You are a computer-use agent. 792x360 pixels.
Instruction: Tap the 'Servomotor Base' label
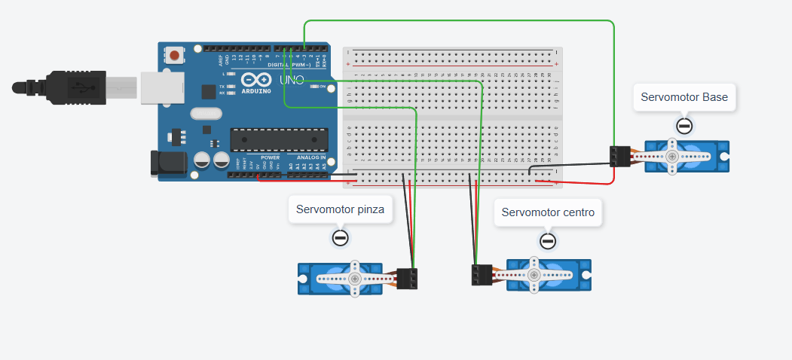click(684, 97)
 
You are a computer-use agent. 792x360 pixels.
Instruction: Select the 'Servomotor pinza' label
click(340, 210)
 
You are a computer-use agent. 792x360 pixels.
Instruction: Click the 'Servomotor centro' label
click(548, 212)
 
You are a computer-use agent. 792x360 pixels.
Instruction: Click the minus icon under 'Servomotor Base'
click(684, 126)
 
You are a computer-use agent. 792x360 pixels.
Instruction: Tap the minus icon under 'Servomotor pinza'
click(340, 239)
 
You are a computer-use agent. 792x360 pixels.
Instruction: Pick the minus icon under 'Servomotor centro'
click(548, 241)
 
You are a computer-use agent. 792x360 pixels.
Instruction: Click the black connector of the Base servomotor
click(619, 156)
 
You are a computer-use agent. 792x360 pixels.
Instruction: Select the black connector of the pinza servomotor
click(408, 278)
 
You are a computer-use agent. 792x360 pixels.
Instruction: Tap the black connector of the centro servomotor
click(482, 274)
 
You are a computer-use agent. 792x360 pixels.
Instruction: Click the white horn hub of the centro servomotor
click(534, 276)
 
